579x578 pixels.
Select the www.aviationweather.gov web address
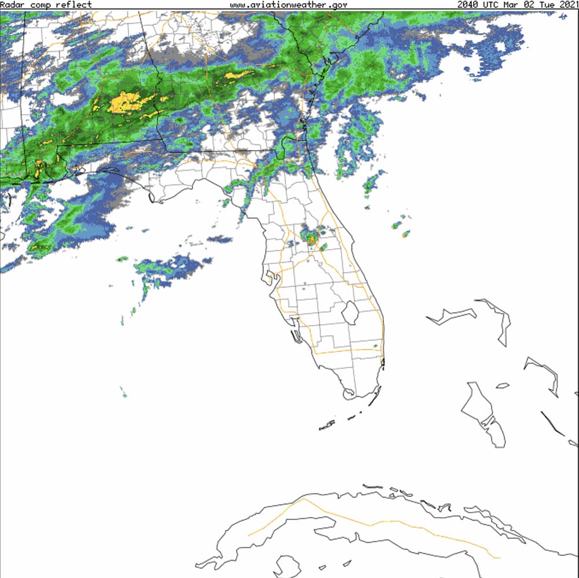pos(288,5)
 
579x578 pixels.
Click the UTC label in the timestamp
pos(489,5)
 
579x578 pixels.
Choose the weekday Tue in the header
pos(544,5)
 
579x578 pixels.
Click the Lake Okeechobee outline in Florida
pos(350,313)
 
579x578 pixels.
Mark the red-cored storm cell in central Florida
pos(311,238)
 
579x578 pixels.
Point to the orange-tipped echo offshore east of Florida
pos(405,234)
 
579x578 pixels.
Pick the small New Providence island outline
pos(503,385)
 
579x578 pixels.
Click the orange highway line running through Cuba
pos(371,525)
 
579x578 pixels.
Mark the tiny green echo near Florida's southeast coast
pos(375,347)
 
